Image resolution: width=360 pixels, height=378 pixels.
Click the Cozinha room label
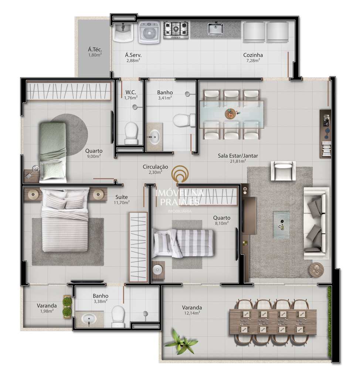253,55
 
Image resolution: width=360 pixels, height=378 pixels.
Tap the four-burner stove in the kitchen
176,30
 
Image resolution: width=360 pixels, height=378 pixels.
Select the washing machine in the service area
149,33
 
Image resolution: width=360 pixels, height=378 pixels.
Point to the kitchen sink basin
215,29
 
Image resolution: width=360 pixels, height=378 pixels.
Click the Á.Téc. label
95,49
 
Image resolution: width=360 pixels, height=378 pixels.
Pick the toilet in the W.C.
131,133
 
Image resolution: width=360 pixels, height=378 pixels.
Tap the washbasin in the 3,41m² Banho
154,137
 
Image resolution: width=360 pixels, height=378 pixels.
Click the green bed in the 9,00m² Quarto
52,152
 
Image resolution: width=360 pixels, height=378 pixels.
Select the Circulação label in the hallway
155,166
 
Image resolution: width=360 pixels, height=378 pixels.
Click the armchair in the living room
283,171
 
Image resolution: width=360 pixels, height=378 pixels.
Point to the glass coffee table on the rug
281,225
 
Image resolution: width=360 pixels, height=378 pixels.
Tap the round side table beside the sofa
316,270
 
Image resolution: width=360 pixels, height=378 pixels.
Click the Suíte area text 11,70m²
122,203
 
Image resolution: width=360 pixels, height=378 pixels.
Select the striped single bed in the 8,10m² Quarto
183,243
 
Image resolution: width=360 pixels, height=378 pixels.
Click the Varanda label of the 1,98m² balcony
47,306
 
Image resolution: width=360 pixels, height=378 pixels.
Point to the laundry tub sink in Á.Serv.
123,32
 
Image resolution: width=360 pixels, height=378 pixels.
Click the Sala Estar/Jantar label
238,156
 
